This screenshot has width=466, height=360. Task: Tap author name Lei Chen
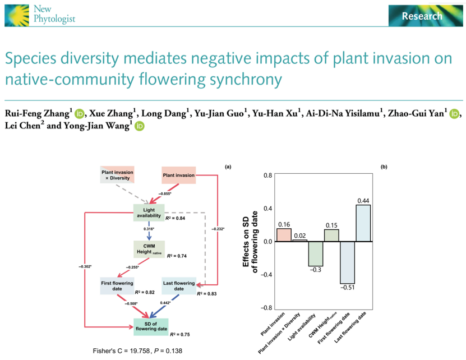(x=24, y=126)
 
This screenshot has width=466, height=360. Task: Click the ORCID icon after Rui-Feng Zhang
(x=79, y=114)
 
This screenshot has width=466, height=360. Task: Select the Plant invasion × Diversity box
(x=116, y=174)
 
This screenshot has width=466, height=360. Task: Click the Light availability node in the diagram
(x=149, y=213)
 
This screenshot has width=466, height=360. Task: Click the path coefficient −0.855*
(x=166, y=193)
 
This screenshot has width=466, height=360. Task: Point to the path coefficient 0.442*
(x=166, y=303)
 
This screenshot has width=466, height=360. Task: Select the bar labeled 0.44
(x=363, y=223)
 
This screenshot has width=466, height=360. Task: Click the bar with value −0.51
(x=347, y=262)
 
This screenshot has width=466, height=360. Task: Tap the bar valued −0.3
(x=316, y=253)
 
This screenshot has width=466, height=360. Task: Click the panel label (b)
(x=383, y=167)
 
